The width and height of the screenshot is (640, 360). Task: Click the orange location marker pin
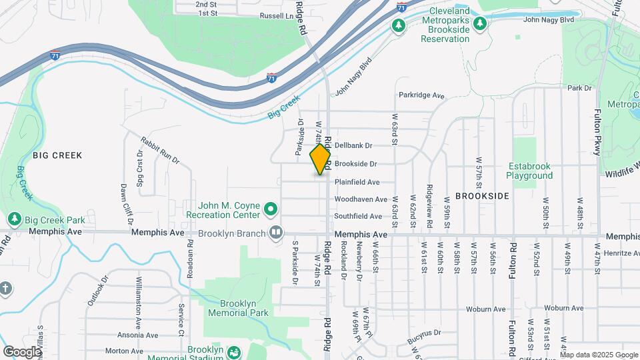[x=321, y=159]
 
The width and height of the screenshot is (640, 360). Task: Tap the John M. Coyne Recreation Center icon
[x=271, y=210]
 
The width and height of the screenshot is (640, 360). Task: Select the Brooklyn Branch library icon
[x=275, y=233]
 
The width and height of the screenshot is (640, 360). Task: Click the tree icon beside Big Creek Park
[x=14, y=219]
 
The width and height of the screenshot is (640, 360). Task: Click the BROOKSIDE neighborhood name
[x=482, y=196]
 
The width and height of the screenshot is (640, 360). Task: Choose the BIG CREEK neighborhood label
[x=57, y=155]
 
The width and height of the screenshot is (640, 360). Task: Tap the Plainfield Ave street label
[x=357, y=182]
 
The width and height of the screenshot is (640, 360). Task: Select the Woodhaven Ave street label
[x=361, y=199]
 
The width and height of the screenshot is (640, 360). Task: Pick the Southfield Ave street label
[x=358, y=217]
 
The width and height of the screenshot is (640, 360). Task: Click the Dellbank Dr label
[x=353, y=145]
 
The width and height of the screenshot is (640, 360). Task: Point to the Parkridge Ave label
[x=421, y=96]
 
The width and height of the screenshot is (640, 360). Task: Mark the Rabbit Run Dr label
[x=160, y=150]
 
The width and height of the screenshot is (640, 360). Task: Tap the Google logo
[x=22, y=351]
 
